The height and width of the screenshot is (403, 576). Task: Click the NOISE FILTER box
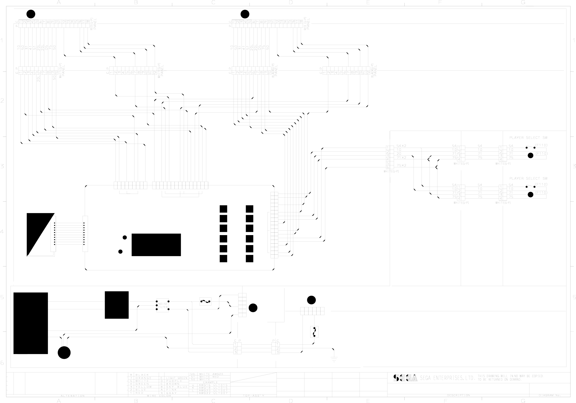coord(162,305)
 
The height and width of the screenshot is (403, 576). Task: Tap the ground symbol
coord(334,359)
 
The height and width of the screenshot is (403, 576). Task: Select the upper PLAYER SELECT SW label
coord(528,138)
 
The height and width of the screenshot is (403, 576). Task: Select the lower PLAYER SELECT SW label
coord(528,178)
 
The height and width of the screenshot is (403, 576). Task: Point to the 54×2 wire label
coord(401,146)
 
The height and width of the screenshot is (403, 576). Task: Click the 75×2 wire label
coord(401,165)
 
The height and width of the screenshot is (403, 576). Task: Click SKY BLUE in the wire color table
coord(176,387)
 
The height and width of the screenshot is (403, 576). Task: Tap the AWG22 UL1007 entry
coord(213,393)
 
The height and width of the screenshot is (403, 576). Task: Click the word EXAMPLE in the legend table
coord(210,382)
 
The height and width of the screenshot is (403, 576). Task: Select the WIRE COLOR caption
coord(159,396)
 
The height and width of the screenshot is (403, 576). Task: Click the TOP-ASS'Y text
coord(253,396)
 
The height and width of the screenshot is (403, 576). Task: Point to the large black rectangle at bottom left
coord(30,323)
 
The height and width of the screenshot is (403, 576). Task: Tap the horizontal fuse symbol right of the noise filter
coord(205,301)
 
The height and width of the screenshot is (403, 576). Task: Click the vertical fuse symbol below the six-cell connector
coord(314,332)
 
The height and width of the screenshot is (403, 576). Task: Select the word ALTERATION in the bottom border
coord(72,396)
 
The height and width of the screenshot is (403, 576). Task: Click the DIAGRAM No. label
coord(549,395)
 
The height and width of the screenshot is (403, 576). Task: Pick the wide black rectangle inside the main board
coord(156,245)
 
